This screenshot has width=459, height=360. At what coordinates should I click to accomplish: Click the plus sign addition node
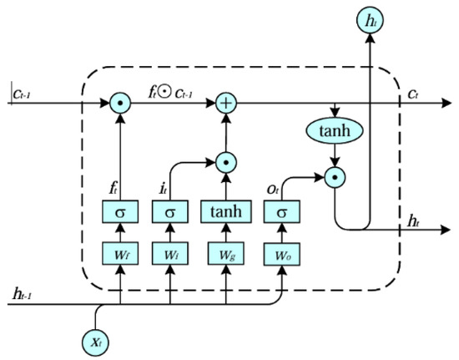pyautogui.click(x=224, y=104)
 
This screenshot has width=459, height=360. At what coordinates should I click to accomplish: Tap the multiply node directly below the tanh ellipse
pyautogui.click(x=335, y=177)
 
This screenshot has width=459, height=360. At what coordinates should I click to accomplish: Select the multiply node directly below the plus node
pyautogui.click(x=224, y=158)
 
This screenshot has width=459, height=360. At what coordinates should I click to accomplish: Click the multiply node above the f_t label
pyautogui.click(x=119, y=104)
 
